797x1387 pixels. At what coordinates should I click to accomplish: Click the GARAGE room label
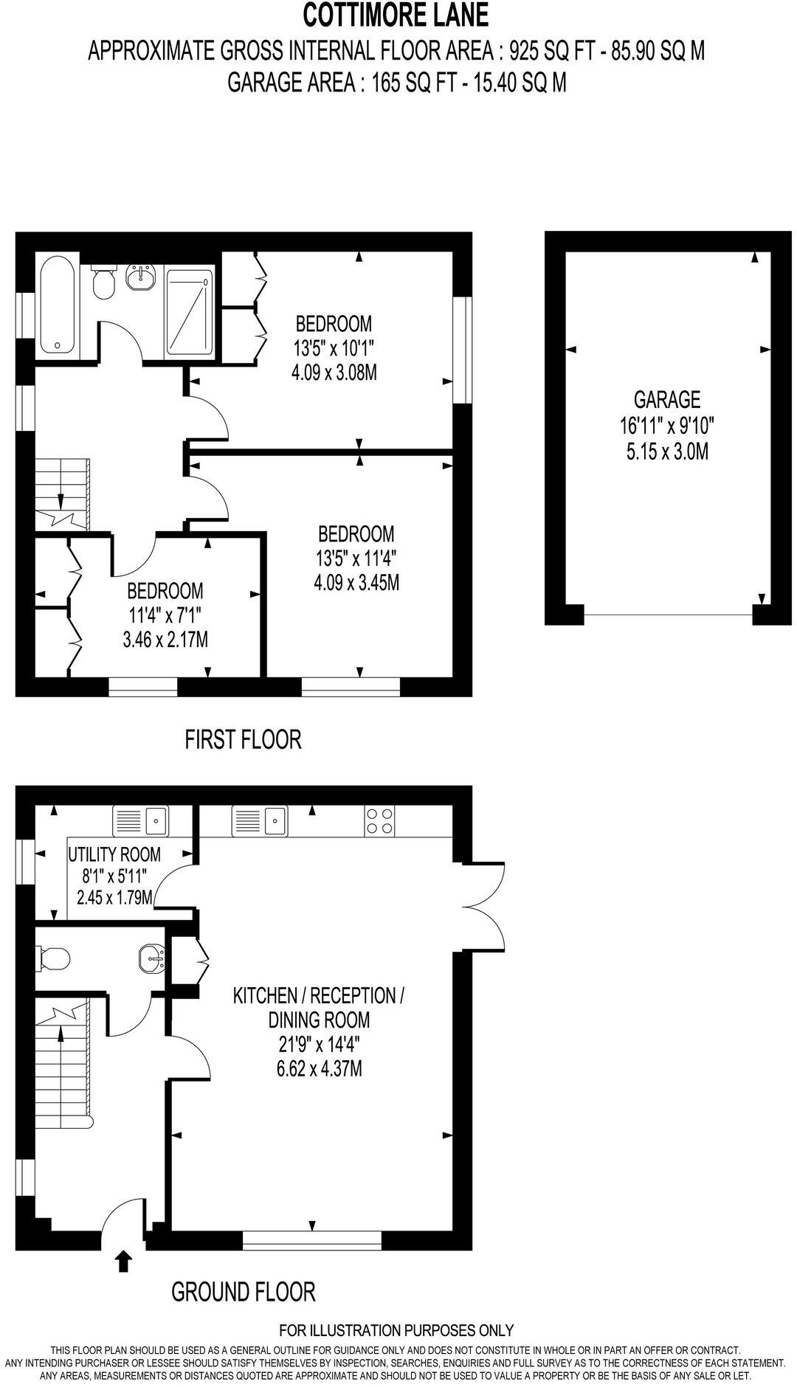click(667, 399)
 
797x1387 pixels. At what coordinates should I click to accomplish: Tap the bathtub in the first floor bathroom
click(55, 304)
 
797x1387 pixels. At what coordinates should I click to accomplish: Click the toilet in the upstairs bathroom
click(104, 283)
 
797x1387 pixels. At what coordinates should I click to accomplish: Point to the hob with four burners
click(379, 821)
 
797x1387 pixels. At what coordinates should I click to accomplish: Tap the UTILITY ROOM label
click(114, 854)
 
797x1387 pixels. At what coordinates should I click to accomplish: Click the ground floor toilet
click(54, 959)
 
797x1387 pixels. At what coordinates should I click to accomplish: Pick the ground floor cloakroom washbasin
click(151, 960)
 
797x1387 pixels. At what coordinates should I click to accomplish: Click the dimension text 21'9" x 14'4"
click(319, 1045)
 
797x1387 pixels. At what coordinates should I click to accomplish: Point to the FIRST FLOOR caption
click(243, 739)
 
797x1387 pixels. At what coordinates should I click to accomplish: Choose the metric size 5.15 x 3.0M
click(667, 451)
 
